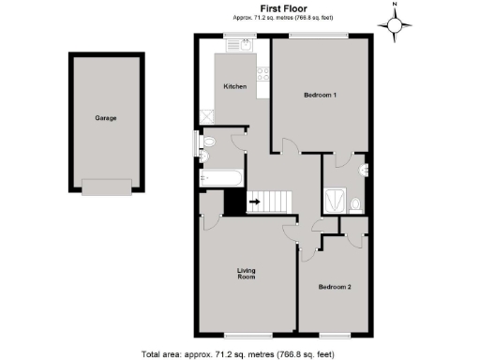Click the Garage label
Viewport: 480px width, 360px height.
pyautogui.click(x=105, y=118)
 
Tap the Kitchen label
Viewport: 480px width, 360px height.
pyautogui.click(x=234, y=86)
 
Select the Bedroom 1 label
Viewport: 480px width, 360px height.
pyautogui.click(x=321, y=96)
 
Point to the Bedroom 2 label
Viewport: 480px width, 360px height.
pyautogui.click(x=335, y=286)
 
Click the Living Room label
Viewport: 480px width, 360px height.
pyautogui.click(x=246, y=274)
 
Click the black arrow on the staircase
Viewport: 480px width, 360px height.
pyautogui.click(x=254, y=201)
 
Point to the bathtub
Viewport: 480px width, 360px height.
pyautogui.click(x=221, y=176)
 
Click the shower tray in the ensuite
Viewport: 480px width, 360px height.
pyautogui.click(x=333, y=199)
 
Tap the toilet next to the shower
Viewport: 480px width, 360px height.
pyautogui.click(x=354, y=202)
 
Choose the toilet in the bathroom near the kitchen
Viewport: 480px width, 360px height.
pyautogui.click(x=209, y=142)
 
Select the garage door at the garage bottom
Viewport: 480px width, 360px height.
pyautogui.click(x=105, y=187)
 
